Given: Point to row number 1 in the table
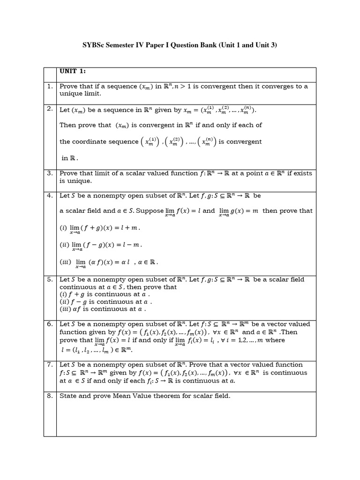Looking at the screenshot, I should tap(50, 86).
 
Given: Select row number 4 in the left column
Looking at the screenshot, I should tap(50, 195).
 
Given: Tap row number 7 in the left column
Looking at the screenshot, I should tap(50, 365).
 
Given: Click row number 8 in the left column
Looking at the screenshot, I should tap(50, 396).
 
